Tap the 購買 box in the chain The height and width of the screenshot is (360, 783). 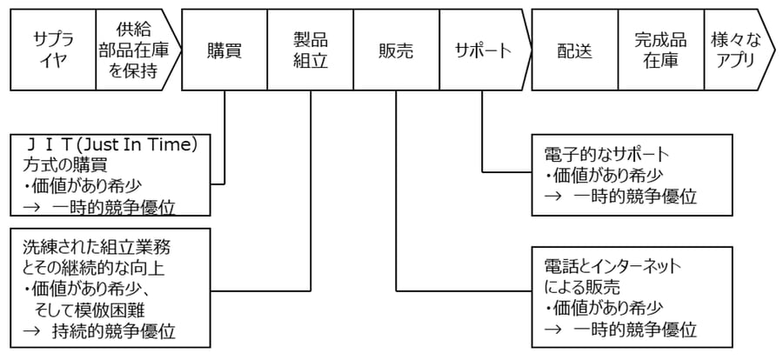tap(224, 50)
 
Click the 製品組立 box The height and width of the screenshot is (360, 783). tap(310, 50)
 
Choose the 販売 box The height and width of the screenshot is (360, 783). tap(396, 50)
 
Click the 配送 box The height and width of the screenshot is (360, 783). tap(574, 50)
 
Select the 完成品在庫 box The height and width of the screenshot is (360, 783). tap(660, 50)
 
